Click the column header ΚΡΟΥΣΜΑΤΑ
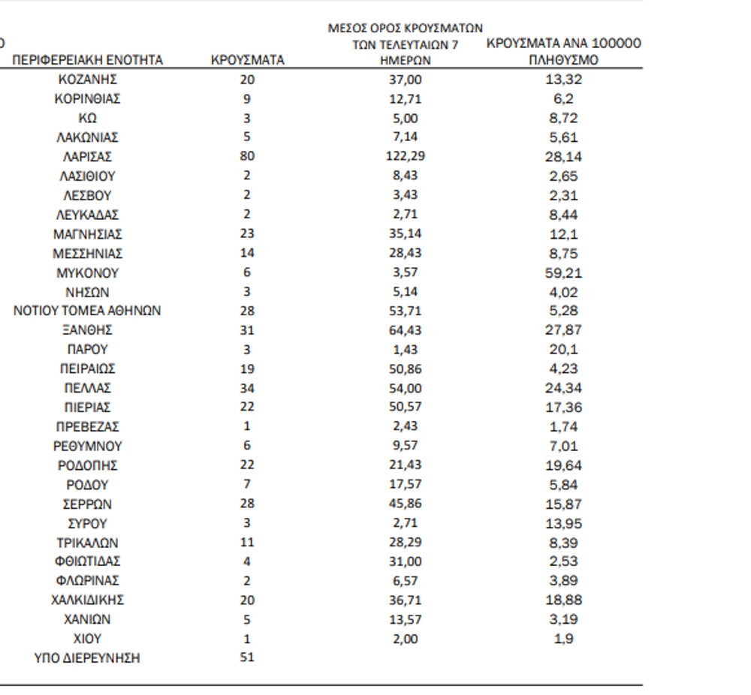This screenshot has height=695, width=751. click(x=248, y=61)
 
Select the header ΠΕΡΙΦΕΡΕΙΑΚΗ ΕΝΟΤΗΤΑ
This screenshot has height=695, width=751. click(x=87, y=61)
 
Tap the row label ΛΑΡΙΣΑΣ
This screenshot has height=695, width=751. click(x=87, y=157)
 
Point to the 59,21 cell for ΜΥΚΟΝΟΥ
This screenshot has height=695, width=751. click(x=563, y=273)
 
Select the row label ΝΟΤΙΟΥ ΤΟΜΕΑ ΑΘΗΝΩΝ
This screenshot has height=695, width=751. click(x=87, y=311)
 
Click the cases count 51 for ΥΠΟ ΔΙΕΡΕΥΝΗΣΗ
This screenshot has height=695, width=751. click(x=248, y=657)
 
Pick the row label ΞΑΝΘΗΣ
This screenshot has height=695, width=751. click(x=87, y=330)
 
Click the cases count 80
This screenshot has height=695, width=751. click(x=248, y=157)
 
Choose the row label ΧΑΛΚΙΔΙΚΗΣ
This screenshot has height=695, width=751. click(x=87, y=600)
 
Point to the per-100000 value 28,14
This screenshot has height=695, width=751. click(x=563, y=157)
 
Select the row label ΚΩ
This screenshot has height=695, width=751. click(x=87, y=119)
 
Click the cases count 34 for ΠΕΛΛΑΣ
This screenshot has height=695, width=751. click(x=248, y=388)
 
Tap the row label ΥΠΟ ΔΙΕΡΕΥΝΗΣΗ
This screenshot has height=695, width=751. click(x=87, y=658)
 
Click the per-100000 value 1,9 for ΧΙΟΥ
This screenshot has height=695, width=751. click(x=563, y=639)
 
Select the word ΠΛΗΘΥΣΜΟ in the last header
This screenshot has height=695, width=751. click(x=563, y=61)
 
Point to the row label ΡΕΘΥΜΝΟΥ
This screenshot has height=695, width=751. click(x=87, y=447)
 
